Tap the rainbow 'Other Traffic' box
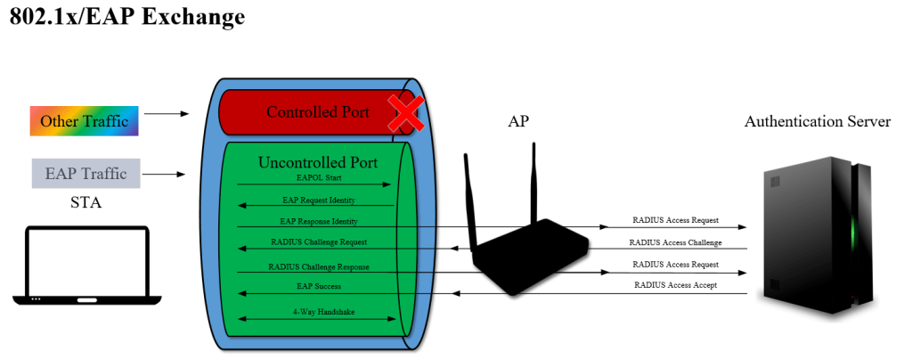pyautogui.click(x=85, y=121)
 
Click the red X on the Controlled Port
pyautogui.click(x=403, y=115)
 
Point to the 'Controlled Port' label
pyautogui.click(x=317, y=113)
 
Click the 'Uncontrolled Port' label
pyautogui.click(x=317, y=163)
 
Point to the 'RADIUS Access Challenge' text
pyautogui.click(x=675, y=242)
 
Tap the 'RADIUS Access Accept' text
pyautogui.click(x=675, y=285)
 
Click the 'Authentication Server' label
pyautogui.click(x=817, y=121)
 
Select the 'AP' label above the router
pyautogui.click(x=517, y=122)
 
